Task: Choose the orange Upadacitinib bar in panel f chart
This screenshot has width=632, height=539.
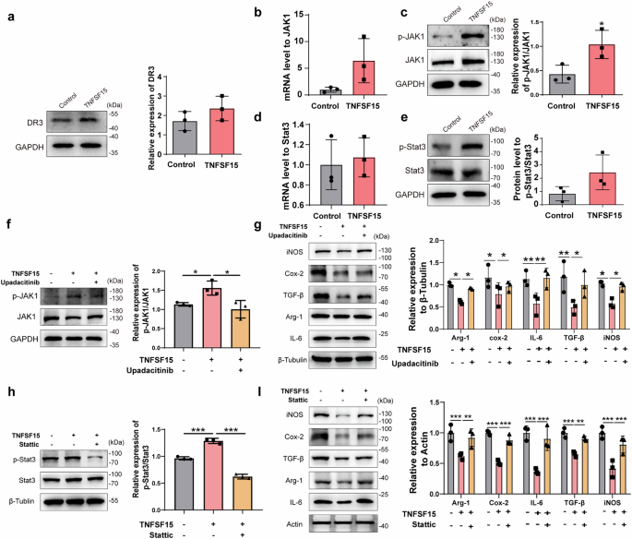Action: pyautogui.click(x=241, y=327)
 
